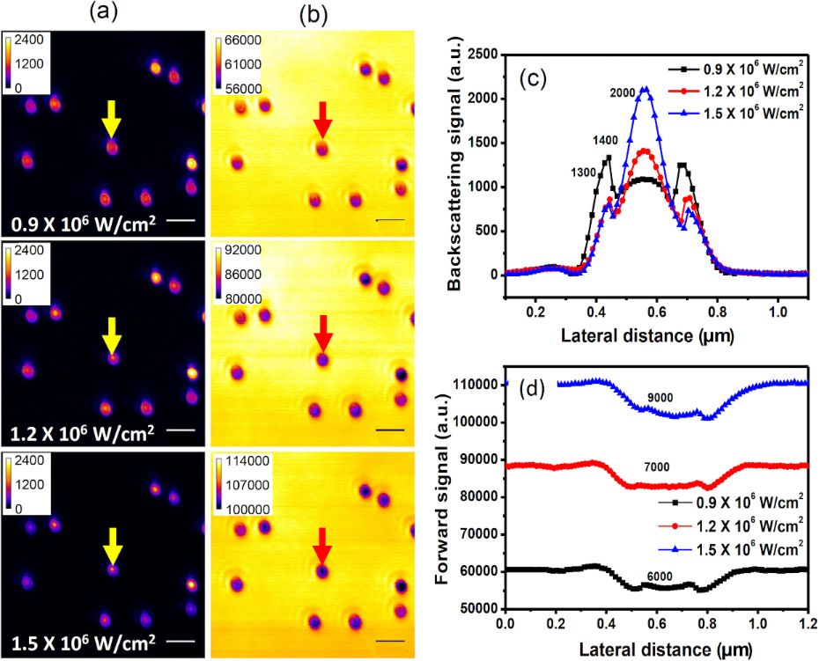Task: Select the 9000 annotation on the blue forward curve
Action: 660,398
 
